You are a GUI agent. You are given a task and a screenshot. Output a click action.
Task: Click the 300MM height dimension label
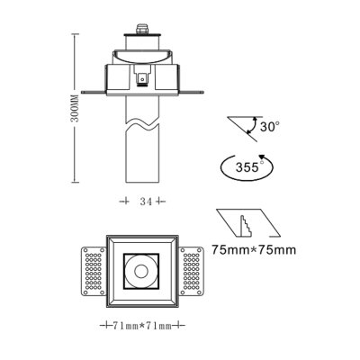click(x=76, y=111)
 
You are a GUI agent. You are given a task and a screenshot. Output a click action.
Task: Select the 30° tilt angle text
click(x=270, y=127)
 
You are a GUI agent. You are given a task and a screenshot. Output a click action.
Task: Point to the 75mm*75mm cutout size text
click(x=252, y=251)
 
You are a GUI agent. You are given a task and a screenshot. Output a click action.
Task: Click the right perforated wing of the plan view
click(x=192, y=269)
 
